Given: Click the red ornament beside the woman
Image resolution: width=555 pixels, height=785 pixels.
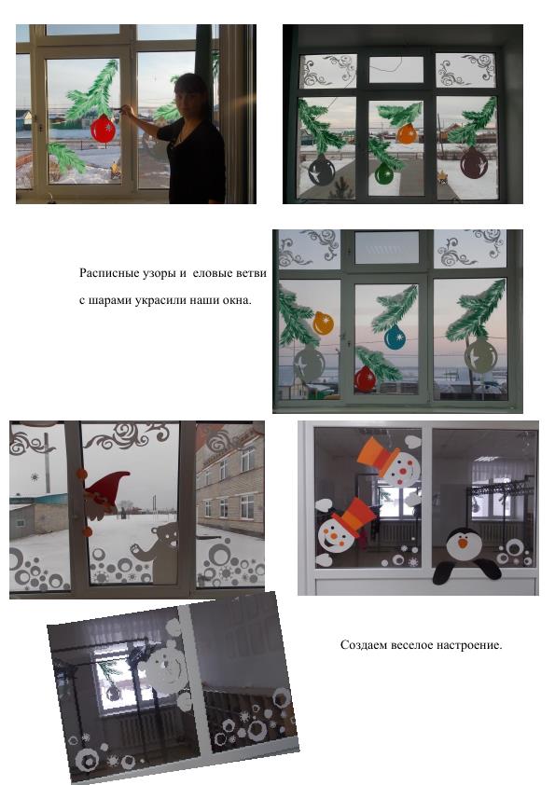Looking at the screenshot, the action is pos(104,130).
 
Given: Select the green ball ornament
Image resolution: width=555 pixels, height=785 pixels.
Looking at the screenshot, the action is pos(384,172).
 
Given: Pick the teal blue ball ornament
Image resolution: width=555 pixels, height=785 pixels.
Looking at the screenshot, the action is pos(395,337).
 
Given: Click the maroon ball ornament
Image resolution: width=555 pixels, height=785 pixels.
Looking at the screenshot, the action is pos(473,163).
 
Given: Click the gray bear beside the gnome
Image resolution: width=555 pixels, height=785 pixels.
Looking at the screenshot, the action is pos(157,552).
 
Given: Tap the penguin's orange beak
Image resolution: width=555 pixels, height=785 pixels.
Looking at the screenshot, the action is pos(463,543).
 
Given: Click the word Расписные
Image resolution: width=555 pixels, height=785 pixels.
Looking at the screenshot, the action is pos(105,273).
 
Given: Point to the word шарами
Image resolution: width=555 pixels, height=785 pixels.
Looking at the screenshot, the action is pos(110,301).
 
